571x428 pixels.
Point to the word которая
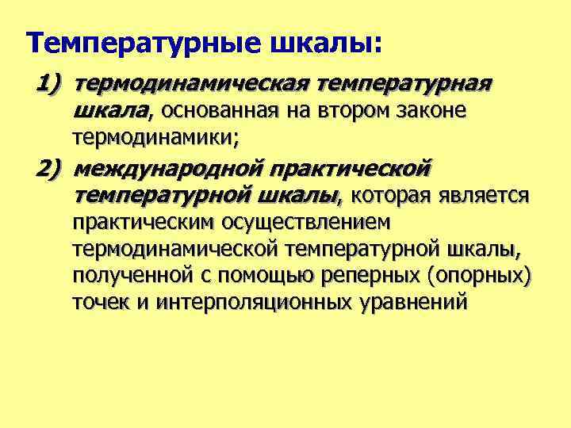pos(388,196)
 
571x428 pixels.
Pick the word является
pos(481,196)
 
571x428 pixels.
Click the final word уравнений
pos(416,303)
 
